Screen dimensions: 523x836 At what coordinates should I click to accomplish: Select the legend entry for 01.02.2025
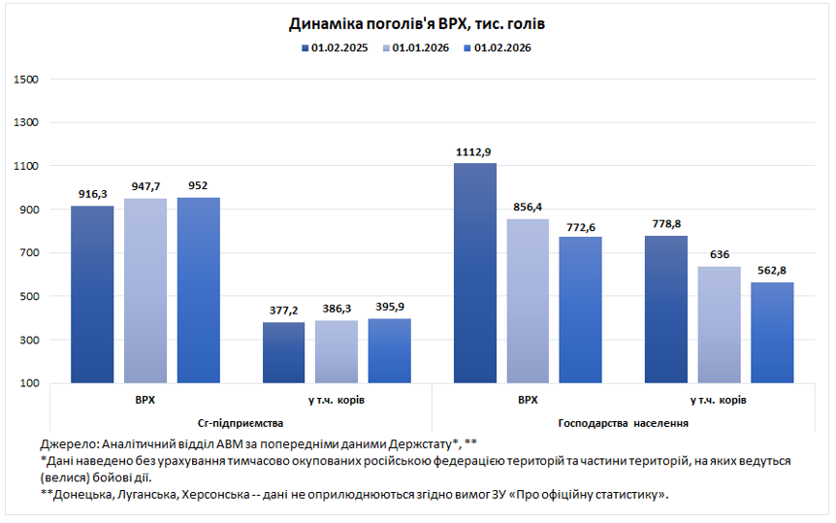click(x=335, y=47)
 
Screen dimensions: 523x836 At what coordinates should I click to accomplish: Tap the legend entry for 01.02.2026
click(x=500, y=47)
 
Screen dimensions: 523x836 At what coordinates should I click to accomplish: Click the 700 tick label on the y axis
click(x=28, y=253)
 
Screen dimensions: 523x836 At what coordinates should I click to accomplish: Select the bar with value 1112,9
click(x=473, y=273)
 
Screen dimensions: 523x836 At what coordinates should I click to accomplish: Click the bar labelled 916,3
click(x=92, y=294)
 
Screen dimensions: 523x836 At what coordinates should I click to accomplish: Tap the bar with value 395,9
click(x=389, y=350)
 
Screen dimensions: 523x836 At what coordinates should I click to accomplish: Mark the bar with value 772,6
click(x=580, y=310)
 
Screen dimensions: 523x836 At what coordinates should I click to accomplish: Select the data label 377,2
click(x=283, y=311)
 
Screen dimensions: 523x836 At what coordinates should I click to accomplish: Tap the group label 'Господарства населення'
click(x=624, y=423)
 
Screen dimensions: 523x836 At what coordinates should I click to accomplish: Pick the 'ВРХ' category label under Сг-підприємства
click(x=145, y=400)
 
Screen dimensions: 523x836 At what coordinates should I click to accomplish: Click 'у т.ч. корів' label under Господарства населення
click(x=719, y=400)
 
